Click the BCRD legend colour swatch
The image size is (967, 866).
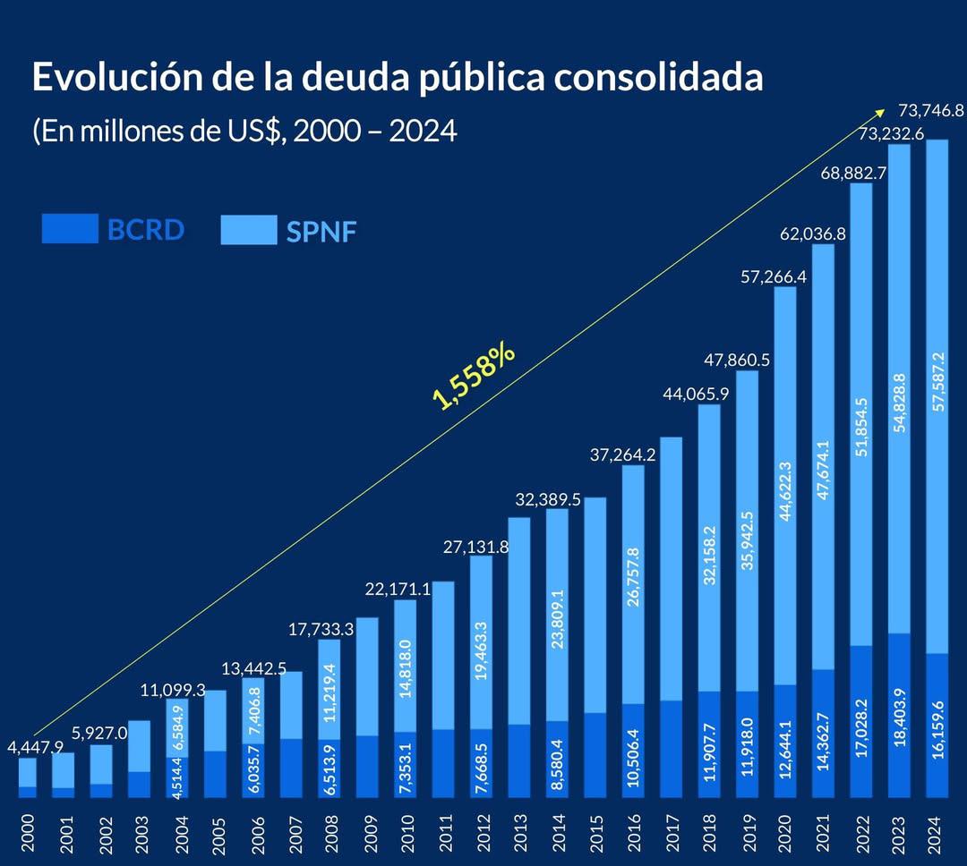point(70,229)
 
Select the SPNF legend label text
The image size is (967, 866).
point(321,233)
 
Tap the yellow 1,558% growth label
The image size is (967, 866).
point(474,376)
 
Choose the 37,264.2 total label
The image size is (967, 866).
point(623,454)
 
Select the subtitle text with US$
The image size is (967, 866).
point(244,132)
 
